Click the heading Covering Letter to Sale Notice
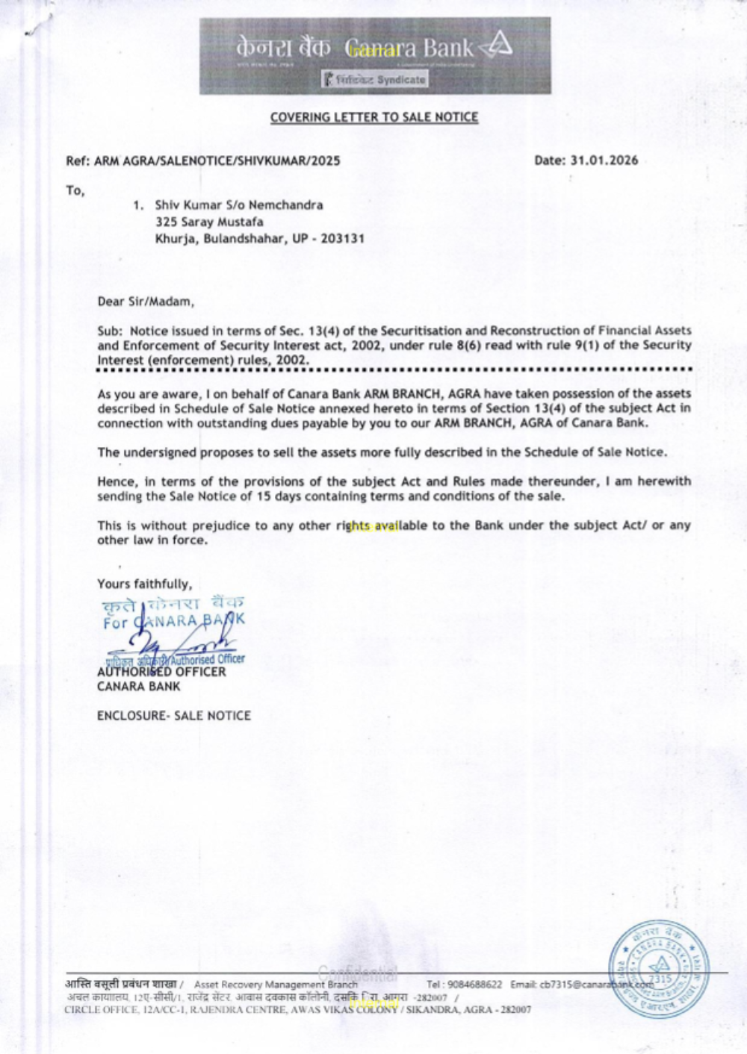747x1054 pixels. pos(373,117)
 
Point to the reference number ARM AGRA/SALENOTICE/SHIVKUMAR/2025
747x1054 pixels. pos(217,160)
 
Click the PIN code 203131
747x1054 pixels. pos(343,239)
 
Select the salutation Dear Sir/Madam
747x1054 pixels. pos(146,302)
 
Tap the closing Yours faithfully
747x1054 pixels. pos(144,584)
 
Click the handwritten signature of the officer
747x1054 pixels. pos(179,640)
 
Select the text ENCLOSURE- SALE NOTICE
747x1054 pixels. pos(173,715)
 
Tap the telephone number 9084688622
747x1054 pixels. pos(476,985)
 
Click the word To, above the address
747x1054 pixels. pos(75,190)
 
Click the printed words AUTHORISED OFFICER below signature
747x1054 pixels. pos(161,671)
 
